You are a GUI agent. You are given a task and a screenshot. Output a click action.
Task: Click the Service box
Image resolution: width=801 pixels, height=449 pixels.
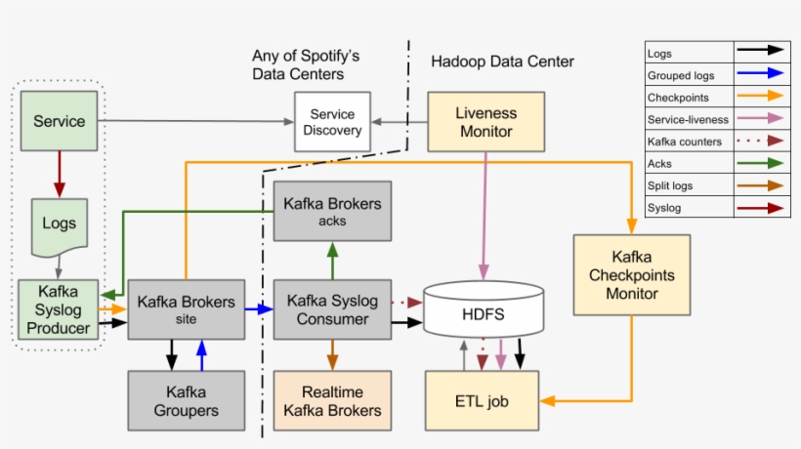coord(59,121)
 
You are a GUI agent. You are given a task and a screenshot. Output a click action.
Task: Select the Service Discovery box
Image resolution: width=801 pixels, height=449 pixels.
coord(332,121)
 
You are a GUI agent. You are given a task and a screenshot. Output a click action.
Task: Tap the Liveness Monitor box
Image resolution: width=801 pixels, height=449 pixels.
coord(485,121)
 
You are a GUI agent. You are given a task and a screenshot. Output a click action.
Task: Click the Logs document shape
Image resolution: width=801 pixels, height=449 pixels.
coord(59,224)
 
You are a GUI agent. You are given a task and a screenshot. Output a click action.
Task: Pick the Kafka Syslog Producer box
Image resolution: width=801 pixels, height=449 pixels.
coord(59,308)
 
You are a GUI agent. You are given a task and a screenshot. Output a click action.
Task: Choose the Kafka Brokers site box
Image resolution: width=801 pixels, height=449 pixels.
coord(186,308)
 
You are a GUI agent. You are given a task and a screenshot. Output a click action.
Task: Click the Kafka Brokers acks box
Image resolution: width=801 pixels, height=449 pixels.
coord(332,211)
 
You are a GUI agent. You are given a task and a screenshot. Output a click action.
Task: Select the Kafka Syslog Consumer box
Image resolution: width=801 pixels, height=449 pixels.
coord(332,308)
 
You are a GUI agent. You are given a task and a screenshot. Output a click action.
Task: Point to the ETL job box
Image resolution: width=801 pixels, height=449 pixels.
coord(482,400)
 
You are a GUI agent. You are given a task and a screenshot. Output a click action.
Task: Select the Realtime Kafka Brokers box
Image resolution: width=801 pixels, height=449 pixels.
coord(332,400)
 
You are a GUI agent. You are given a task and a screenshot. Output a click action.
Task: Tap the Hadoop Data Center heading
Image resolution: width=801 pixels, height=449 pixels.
coord(502,61)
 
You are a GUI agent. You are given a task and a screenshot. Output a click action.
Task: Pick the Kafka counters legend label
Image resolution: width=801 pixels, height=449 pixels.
coord(684,142)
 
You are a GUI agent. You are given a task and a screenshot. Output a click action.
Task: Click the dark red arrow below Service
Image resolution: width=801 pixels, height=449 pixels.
coord(59,173)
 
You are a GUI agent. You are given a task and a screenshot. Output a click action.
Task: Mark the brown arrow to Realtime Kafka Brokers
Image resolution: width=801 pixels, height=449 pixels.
coord(332,353)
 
